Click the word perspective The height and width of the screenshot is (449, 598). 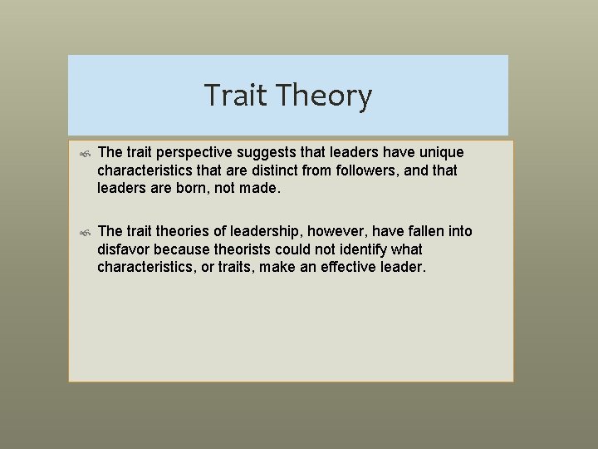pos(195,154)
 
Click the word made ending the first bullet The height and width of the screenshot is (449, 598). pos(262,188)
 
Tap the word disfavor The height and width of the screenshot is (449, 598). pos(125,249)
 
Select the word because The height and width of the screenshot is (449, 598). pos(186,249)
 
